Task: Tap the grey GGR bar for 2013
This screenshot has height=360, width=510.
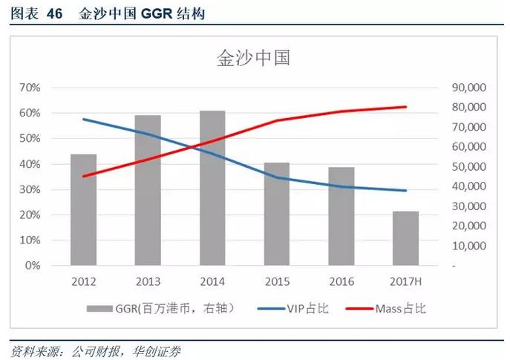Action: tap(148, 191)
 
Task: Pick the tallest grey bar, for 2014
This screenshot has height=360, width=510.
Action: tap(212, 189)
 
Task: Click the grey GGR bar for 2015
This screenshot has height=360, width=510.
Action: tap(277, 215)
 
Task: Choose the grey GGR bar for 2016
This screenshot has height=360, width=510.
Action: tap(341, 217)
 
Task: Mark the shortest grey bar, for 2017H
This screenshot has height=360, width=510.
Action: tap(405, 238)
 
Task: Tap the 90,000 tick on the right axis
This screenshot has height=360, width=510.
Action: tap(468, 88)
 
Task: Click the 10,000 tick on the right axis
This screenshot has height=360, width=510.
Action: tap(468, 246)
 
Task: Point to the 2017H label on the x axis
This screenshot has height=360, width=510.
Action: tap(405, 282)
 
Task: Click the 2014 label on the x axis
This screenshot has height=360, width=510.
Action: tap(212, 282)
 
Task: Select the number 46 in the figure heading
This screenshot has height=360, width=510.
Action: tap(55, 14)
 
